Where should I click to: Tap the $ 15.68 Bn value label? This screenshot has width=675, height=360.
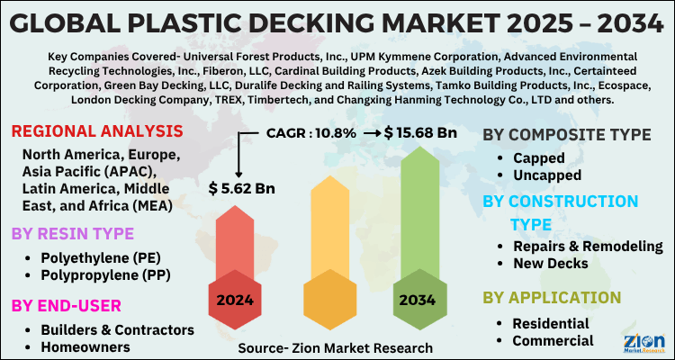[x=421, y=132]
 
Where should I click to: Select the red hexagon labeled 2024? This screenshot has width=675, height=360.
[x=236, y=300]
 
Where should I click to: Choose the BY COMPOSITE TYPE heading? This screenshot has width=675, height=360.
[x=567, y=135]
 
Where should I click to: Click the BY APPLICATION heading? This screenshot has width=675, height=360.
[x=552, y=297]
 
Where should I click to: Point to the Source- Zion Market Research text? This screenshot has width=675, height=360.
[x=336, y=347]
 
